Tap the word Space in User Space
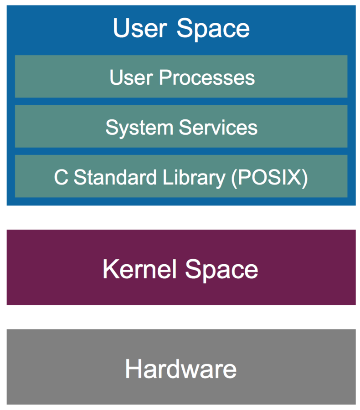tap(213, 29)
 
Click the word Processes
tap(207, 77)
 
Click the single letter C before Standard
tap(61, 177)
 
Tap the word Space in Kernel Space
tap(222, 270)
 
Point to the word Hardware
tap(181, 369)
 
